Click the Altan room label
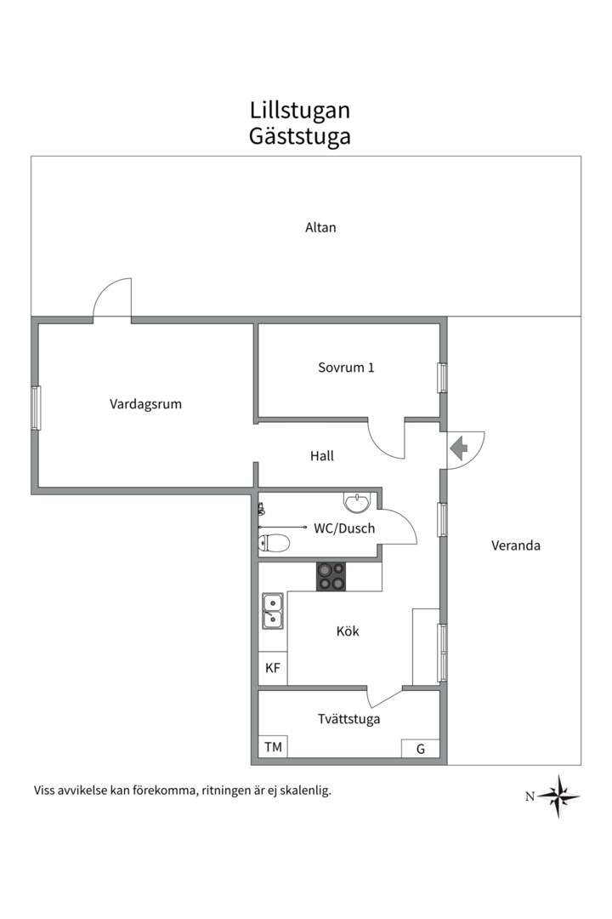pyautogui.click(x=320, y=227)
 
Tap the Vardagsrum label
pyautogui.click(x=145, y=404)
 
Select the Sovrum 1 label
pyautogui.click(x=346, y=368)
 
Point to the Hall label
pyautogui.click(x=321, y=456)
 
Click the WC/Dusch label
pyautogui.click(x=344, y=528)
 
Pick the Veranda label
pyautogui.click(x=515, y=545)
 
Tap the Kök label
pyautogui.click(x=348, y=631)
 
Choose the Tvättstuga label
pyautogui.click(x=349, y=719)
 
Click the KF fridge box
pyautogui.click(x=273, y=668)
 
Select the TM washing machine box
pyautogui.click(x=273, y=747)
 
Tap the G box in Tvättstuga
pyautogui.click(x=421, y=749)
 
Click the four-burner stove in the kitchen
pyautogui.click(x=331, y=576)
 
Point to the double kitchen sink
pyautogui.click(x=272, y=611)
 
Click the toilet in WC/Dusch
pyautogui.click(x=274, y=543)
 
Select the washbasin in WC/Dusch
pyautogui.click(x=357, y=502)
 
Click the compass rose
pyautogui.click(x=559, y=796)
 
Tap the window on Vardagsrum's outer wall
pyautogui.click(x=37, y=408)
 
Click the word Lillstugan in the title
pyautogui.click(x=300, y=110)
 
